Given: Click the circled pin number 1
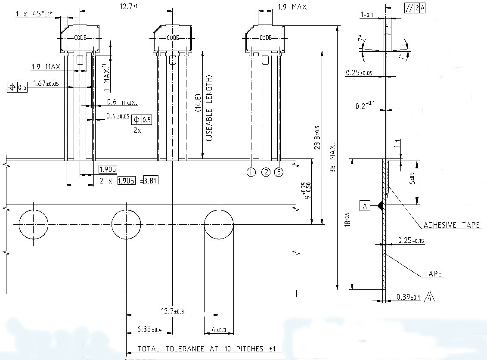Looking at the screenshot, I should pyautogui.click(x=251, y=172).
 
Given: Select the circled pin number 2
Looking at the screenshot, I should pyautogui.click(x=266, y=172).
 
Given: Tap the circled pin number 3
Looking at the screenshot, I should pyautogui.click(x=279, y=172).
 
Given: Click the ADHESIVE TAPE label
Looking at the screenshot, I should pyautogui.click(x=451, y=225).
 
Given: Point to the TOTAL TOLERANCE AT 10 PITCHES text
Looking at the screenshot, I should pyautogui.click(x=206, y=349).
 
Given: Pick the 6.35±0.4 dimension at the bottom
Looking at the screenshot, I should pyautogui.click(x=149, y=329).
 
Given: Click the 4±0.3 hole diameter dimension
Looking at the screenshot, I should pyautogui.click(x=219, y=329).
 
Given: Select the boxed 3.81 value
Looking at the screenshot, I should pyautogui.click(x=150, y=180).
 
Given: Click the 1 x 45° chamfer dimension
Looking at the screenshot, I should pyautogui.click(x=34, y=14).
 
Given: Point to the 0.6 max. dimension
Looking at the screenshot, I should pyautogui.click(x=122, y=102).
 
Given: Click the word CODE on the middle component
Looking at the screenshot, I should pyautogui.click(x=173, y=37).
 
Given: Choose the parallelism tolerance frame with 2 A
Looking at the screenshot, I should pyautogui.click(x=414, y=7).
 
